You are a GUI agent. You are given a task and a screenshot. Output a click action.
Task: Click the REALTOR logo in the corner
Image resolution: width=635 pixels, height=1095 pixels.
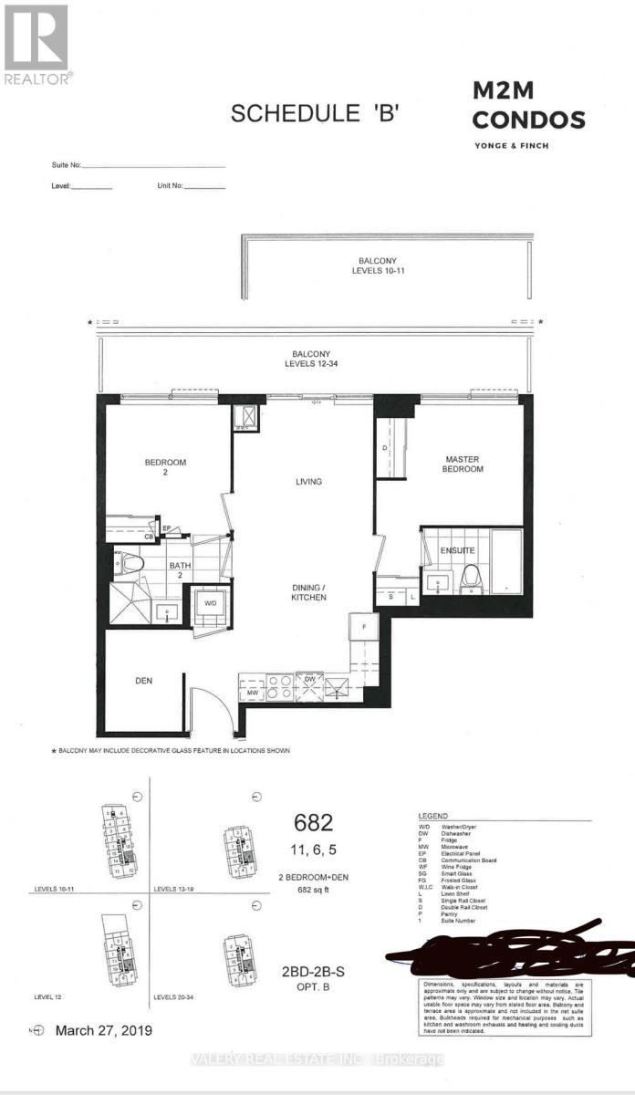tap(36, 44)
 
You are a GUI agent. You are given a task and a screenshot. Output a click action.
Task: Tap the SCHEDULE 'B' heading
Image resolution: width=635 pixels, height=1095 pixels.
tap(316, 114)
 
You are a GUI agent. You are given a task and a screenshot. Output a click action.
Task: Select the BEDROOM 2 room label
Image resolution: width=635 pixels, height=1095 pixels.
tap(165, 468)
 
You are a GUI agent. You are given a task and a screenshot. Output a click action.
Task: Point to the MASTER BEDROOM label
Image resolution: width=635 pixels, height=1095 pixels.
tap(463, 464)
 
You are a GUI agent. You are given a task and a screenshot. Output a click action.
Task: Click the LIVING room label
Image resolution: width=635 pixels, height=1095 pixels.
tap(308, 482)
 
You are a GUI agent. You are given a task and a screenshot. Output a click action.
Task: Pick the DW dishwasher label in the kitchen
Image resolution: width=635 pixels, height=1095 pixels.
tap(309, 679)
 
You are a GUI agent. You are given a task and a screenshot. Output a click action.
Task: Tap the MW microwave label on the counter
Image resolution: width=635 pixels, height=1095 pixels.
tap(252, 693)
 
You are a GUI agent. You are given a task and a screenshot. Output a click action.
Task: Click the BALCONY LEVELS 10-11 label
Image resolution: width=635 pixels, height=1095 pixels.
tap(382, 265)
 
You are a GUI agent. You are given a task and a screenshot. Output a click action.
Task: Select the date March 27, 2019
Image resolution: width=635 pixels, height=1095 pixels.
tap(103, 1030)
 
